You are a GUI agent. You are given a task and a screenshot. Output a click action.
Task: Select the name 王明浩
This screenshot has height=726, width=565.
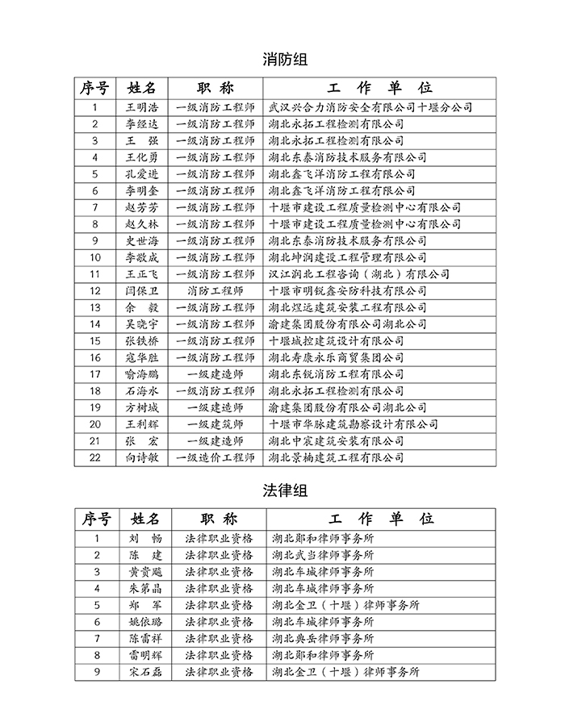(x=142, y=107)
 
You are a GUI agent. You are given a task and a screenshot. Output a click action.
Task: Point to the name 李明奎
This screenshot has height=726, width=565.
(x=142, y=191)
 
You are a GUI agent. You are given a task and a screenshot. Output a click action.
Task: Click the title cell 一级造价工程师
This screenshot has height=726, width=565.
(x=215, y=458)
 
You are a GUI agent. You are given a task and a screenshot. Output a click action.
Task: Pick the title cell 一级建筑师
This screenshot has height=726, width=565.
(x=215, y=424)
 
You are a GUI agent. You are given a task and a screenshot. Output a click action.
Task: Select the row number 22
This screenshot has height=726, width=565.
(x=95, y=458)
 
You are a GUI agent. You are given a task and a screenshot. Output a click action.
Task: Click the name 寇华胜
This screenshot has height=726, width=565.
(x=142, y=358)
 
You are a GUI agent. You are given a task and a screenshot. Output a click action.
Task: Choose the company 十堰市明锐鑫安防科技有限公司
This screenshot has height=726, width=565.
(x=347, y=291)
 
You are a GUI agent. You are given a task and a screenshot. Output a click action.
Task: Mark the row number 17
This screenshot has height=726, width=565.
(x=95, y=374)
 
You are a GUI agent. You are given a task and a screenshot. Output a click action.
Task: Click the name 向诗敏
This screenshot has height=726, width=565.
(x=142, y=458)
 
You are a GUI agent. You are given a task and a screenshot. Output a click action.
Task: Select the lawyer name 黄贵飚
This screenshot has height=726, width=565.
(x=145, y=572)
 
